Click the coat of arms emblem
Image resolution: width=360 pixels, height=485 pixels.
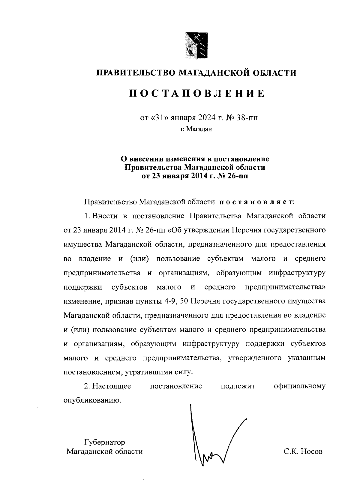[x=196, y=45]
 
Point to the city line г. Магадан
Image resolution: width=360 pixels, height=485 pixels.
[x=196, y=130]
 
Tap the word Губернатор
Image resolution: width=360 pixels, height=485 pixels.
[x=104, y=442]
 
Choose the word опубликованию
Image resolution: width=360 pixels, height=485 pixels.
[x=93, y=401]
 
